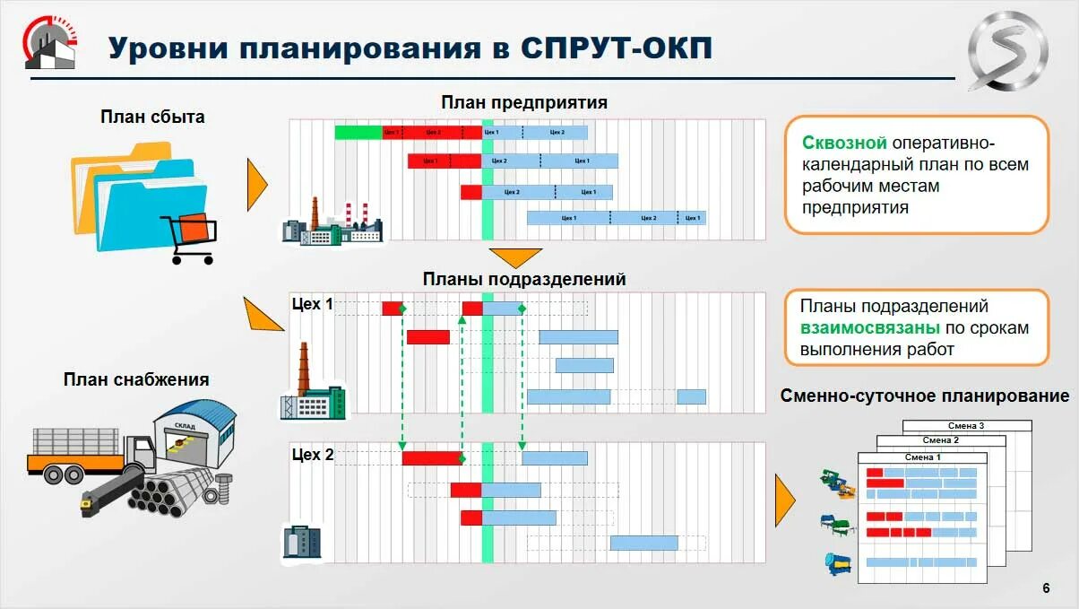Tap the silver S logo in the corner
1006,52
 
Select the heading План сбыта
152,117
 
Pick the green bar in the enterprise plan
358,133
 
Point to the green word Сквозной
844,143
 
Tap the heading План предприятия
524,102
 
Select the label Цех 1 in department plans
312,305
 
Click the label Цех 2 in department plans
312,456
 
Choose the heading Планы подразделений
524,279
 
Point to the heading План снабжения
136,379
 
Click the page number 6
1046,588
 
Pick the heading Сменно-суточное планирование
924,396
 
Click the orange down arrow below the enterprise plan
515,257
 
